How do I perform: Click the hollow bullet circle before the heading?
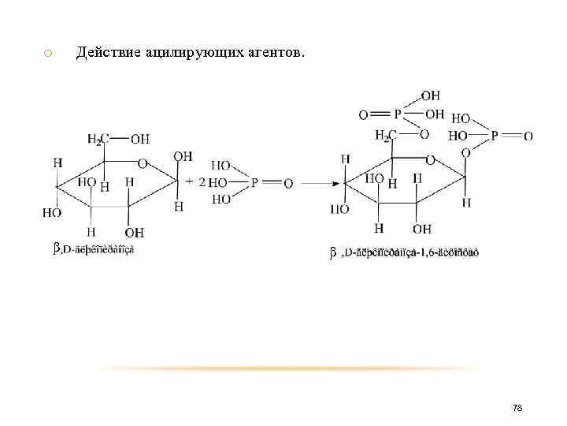pyautogui.click(x=48, y=53)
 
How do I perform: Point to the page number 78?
pyautogui.click(x=517, y=408)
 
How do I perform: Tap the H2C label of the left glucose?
pyautogui.click(x=98, y=140)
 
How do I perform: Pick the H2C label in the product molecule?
pyautogui.click(x=386, y=136)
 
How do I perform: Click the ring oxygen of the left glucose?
pyautogui.click(x=142, y=164)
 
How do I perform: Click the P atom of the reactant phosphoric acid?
pyautogui.click(x=254, y=183)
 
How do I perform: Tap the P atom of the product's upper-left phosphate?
pyautogui.click(x=398, y=115)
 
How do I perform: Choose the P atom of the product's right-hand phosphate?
pyautogui.click(x=495, y=136)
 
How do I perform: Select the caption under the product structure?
pyautogui.click(x=402, y=252)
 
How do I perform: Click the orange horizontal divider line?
pyautogui.click(x=291, y=368)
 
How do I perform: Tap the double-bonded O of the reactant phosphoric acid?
pyautogui.click(x=288, y=183)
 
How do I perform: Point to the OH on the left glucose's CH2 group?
pyautogui.click(x=139, y=140)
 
